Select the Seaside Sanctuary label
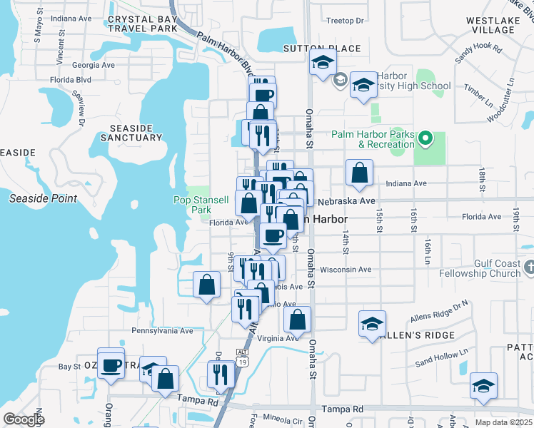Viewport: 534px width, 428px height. tap(131, 132)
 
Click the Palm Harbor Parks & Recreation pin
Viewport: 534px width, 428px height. tap(426, 138)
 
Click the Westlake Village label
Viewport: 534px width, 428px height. tap(493, 26)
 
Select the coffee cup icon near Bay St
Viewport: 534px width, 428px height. tap(111, 363)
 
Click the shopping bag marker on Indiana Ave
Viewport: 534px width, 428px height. tap(358, 172)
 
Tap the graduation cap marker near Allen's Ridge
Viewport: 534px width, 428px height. tap(372, 325)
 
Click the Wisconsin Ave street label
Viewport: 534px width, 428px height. tap(346, 270)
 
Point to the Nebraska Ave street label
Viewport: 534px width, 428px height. tap(347, 201)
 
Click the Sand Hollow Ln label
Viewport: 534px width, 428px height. tap(441, 358)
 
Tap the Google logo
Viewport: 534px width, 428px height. tap(24, 419)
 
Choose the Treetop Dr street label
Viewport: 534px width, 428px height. tap(345, 21)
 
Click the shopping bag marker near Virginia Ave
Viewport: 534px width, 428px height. tap(299, 320)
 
